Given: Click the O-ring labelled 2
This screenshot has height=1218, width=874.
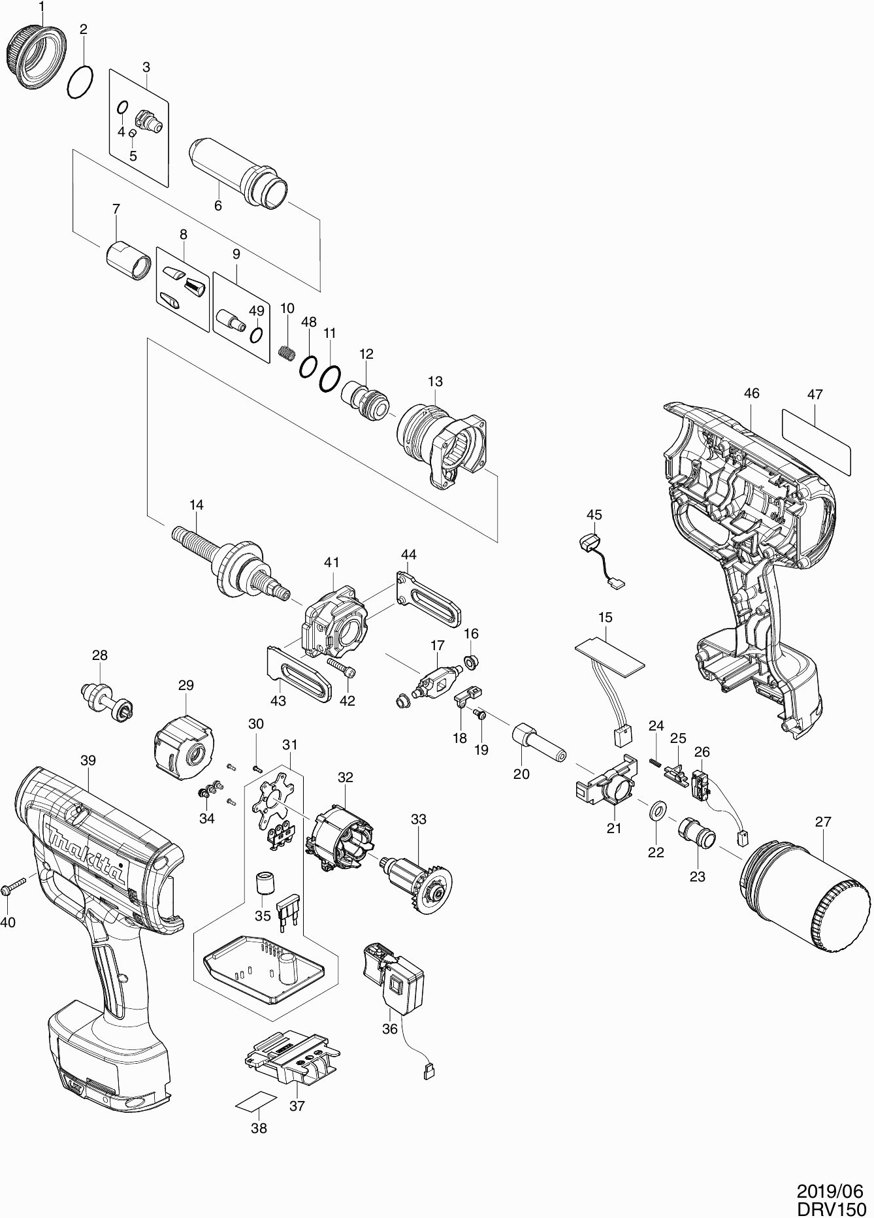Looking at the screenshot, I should [x=80, y=83].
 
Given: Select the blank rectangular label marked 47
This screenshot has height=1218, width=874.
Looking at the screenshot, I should [x=817, y=441].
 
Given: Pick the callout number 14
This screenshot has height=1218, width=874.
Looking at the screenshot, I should [x=197, y=504].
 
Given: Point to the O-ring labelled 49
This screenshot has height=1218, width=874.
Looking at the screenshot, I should [x=257, y=335].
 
